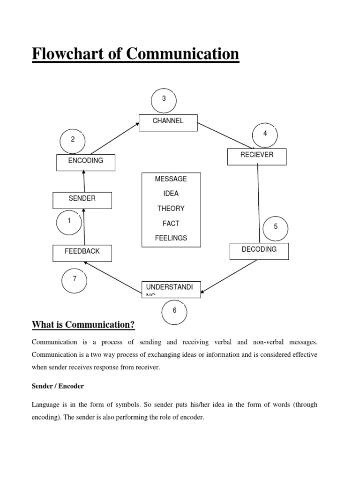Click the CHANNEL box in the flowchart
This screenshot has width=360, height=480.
[168, 123]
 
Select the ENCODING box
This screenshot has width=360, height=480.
[85, 162]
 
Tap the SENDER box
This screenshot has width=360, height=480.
[82, 200]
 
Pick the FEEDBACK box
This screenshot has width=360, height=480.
[82, 253]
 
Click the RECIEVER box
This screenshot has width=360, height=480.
[256, 157]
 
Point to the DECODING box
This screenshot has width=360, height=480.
[259, 251]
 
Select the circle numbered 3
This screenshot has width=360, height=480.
[164, 99]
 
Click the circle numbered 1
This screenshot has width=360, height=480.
[69, 222]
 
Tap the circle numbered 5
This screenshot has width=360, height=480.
[276, 227]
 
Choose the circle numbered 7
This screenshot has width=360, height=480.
[74, 280]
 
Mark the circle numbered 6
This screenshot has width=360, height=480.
[174, 311]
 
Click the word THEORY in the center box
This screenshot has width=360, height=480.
[171, 209]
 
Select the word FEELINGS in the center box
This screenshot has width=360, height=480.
[171, 238]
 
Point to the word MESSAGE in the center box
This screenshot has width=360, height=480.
[171, 179]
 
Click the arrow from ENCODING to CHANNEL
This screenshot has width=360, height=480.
[114, 139]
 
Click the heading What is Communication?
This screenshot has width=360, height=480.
[83, 325]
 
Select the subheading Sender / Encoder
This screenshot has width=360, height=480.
[58, 386]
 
